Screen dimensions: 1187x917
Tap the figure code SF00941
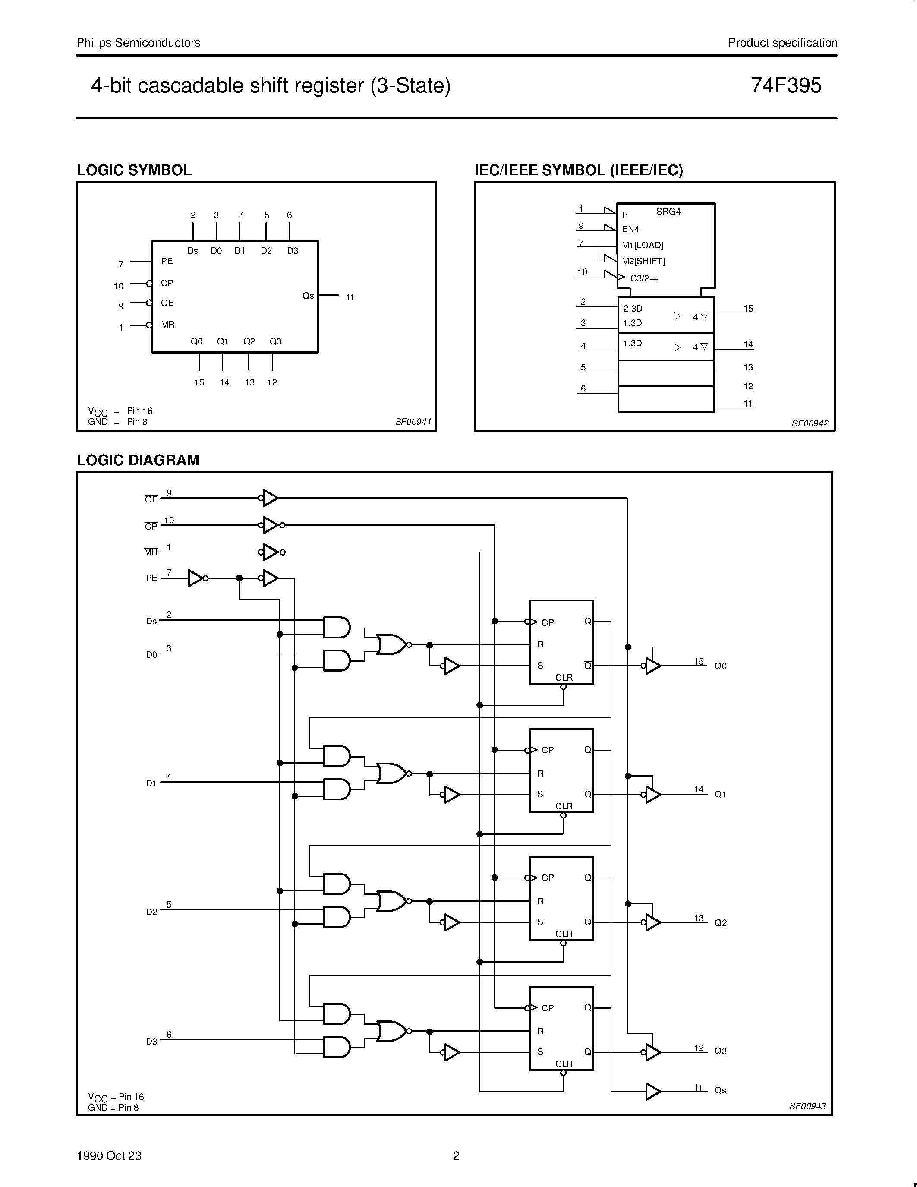point(413,422)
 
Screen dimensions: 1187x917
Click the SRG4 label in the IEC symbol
point(668,212)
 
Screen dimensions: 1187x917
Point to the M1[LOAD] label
point(642,245)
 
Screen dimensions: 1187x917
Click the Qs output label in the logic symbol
point(308,296)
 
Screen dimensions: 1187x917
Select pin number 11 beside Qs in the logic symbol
point(350,297)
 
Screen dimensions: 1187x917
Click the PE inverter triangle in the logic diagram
point(195,578)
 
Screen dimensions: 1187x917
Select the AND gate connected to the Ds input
point(336,627)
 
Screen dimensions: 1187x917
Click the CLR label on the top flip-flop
point(564,677)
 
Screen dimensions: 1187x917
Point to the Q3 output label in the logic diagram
point(720,1051)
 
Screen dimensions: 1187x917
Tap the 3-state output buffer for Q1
point(652,794)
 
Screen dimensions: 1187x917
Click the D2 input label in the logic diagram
point(151,912)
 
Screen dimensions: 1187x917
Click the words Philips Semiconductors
point(139,42)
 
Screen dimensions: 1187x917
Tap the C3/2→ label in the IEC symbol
point(644,278)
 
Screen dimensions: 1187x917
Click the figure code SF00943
point(807,1106)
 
